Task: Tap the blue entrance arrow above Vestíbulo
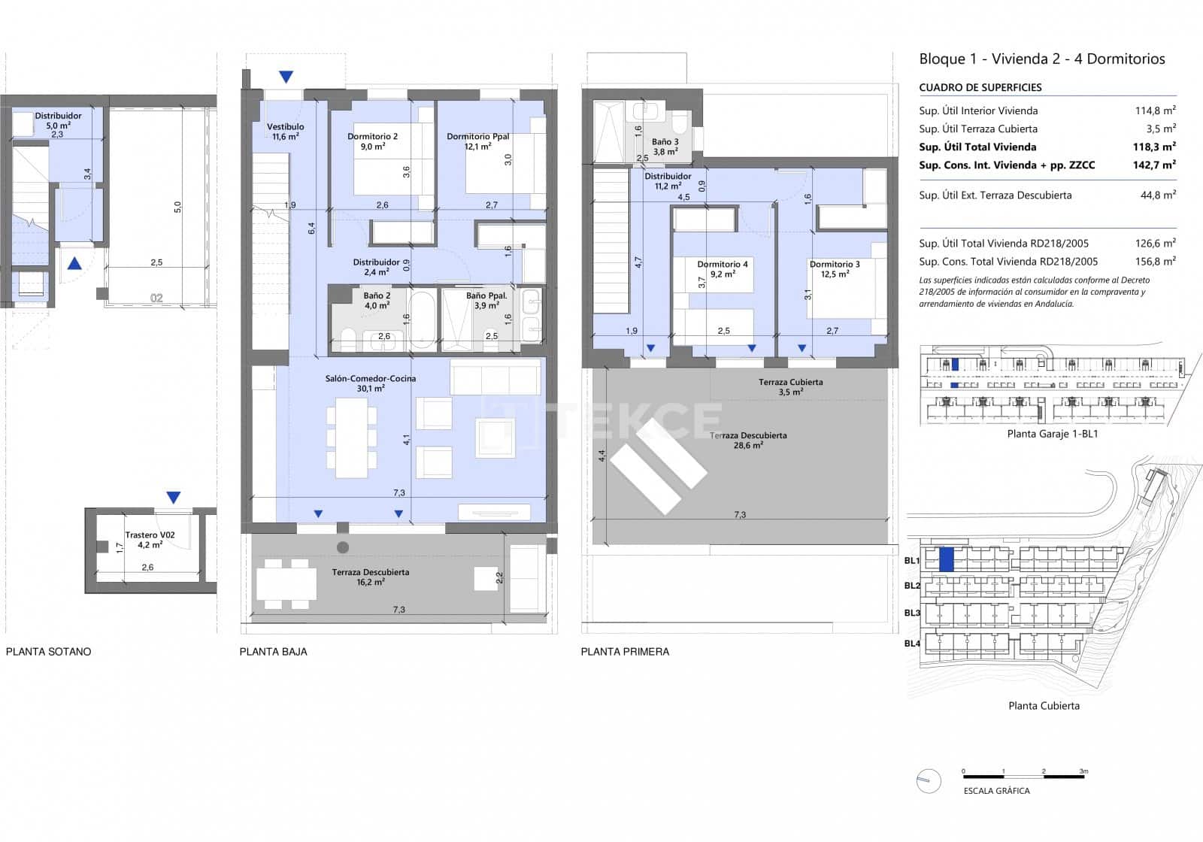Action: click(286, 77)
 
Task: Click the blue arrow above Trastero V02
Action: click(174, 498)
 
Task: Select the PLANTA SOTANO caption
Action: click(48, 652)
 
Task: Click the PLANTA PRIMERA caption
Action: click(625, 652)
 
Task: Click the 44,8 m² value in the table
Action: click(1158, 195)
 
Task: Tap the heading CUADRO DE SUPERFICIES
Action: click(980, 87)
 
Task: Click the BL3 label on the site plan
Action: click(912, 613)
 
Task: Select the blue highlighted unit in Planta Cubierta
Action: click(947, 559)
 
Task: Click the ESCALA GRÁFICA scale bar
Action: click(1023, 772)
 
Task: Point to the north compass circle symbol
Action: click(929, 781)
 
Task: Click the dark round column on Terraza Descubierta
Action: click(343, 547)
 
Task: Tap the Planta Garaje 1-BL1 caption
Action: click(1052, 434)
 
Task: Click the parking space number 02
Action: click(156, 298)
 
